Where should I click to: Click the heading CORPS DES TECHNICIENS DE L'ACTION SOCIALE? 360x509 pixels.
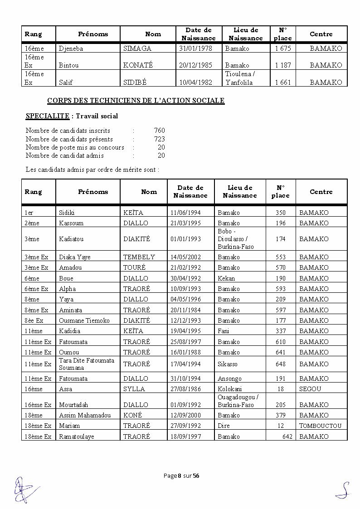136,101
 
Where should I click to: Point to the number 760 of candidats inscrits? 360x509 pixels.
159,131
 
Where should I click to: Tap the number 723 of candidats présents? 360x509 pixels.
159,139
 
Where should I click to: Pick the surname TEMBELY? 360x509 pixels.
139,257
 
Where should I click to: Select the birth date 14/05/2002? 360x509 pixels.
185,257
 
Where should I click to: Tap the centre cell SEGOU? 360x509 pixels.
310,389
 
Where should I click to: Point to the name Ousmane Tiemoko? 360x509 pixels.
84,320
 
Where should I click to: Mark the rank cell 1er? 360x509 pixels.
29,213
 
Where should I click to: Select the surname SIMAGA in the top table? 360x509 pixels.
137,48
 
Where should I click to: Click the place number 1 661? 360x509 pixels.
283,82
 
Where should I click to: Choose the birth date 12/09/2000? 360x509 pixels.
185,415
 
